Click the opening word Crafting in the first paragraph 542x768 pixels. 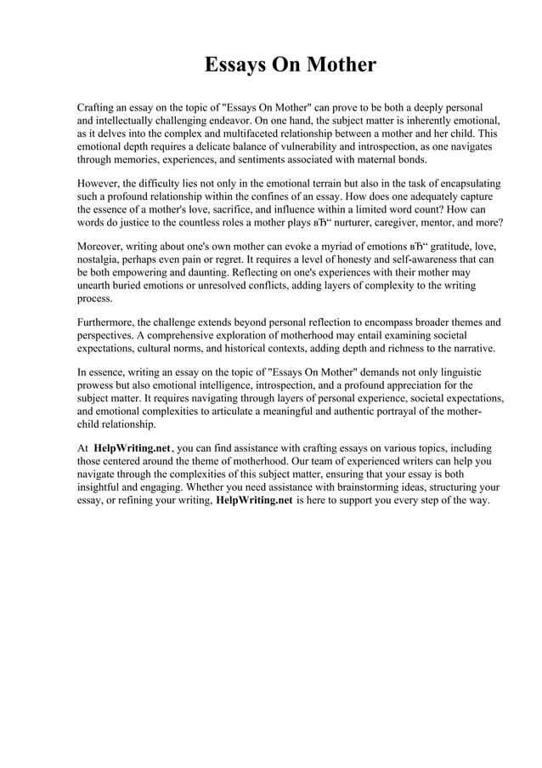[x=99, y=108]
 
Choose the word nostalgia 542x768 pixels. [x=101, y=259]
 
